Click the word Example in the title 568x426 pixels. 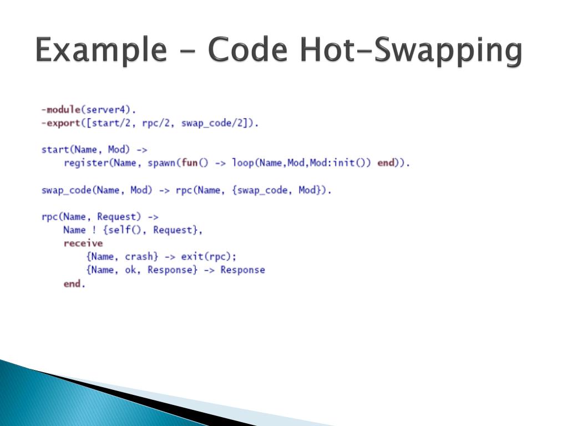(101, 50)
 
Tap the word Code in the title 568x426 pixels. (248, 49)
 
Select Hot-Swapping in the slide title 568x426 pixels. (411, 50)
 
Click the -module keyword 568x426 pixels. (61, 109)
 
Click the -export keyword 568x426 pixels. (61, 123)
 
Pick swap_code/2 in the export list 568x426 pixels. (212, 123)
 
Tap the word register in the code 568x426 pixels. (86, 163)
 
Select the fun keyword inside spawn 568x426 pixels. (190, 163)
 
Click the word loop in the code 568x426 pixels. (243, 163)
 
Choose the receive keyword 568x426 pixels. (83, 243)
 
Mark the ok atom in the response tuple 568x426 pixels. (130, 270)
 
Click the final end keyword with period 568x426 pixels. (74, 283)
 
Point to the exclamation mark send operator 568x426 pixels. (94, 230)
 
